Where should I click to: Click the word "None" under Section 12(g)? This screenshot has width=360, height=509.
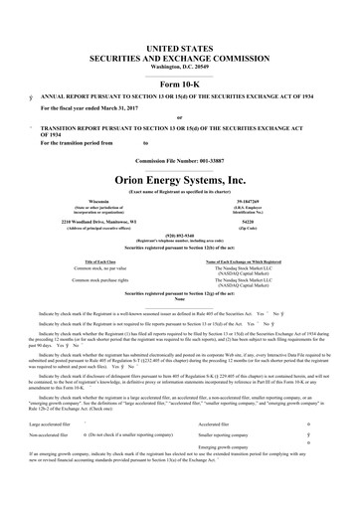[x=180, y=302]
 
